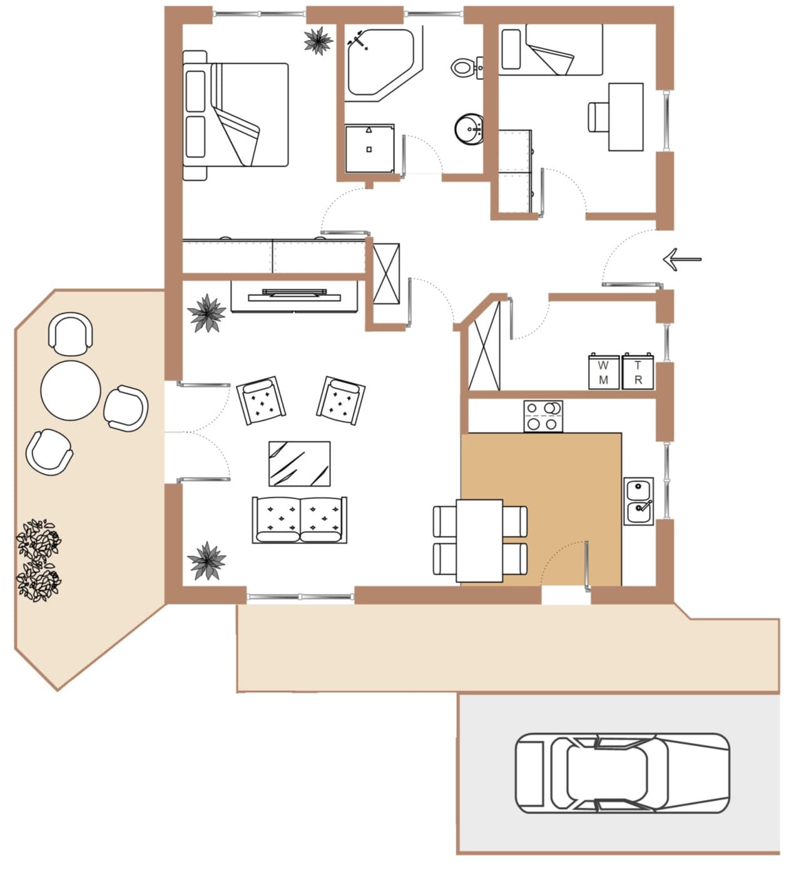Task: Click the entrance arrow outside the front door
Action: pyautogui.click(x=682, y=259)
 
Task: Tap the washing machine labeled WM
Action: pyautogui.click(x=604, y=372)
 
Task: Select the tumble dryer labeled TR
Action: pyautogui.click(x=638, y=372)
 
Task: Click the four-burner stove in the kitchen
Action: pyautogui.click(x=543, y=416)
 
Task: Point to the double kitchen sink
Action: pyautogui.click(x=639, y=501)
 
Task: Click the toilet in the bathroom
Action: pyautogui.click(x=467, y=68)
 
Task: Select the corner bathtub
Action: pyautogui.click(x=383, y=63)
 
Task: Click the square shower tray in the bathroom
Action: pyautogui.click(x=370, y=149)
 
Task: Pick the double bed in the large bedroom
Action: pyautogui.click(x=235, y=115)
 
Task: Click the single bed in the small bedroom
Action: pyautogui.click(x=551, y=49)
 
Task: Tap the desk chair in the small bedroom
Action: pyautogui.click(x=598, y=117)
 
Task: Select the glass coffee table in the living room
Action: pyautogui.click(x=299, y=464)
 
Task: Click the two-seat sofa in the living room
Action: pyautogui.click(x=300, y=520)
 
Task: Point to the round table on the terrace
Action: pyautogui.click(x=71, y=391)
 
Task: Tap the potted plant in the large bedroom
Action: pyautogui.click(x=319, y=41)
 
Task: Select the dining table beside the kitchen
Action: pyautogui.click(x=479, y=541)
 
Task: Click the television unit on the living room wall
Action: pyautogui.click(x=294, y=296)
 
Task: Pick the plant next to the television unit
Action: pyautogui.click(x=207, y=313)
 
